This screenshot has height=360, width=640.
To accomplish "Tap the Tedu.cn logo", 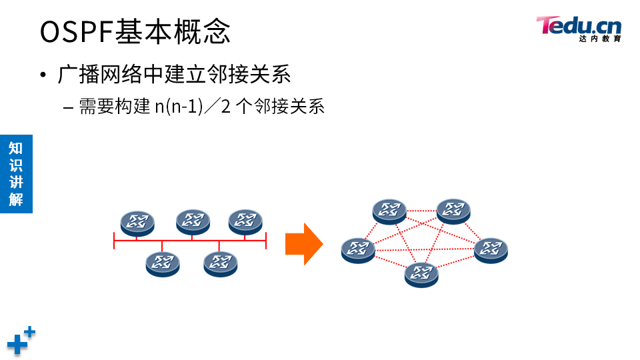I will (579, 26).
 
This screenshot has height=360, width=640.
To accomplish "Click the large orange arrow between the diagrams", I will (303, 243).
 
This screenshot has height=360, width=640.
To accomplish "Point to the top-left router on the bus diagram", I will (137, 222).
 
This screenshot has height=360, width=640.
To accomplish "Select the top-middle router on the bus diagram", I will (193, 221).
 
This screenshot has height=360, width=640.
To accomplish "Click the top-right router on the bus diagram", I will (245, 221).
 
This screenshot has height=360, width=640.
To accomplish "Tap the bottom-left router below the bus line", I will (163, 263).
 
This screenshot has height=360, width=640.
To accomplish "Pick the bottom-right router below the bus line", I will (221, 263).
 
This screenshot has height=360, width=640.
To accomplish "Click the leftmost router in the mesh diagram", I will (358, 249).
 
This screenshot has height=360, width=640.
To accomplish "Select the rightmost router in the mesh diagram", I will (491, 249).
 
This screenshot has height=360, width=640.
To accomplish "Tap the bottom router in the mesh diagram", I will (421, 273).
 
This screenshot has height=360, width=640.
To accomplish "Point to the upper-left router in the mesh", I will (389, 211).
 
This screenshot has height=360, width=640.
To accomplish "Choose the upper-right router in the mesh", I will (453, 211).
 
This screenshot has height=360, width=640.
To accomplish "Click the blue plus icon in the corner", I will (20, 341).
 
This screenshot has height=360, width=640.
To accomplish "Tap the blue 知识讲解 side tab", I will (16, 174).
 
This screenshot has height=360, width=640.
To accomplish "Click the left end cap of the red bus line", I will (115, 240).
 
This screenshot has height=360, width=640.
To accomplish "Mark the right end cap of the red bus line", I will (266, 240).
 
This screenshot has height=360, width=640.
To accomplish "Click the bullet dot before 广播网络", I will (44, 75).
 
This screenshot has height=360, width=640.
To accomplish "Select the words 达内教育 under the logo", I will (600, 39).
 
